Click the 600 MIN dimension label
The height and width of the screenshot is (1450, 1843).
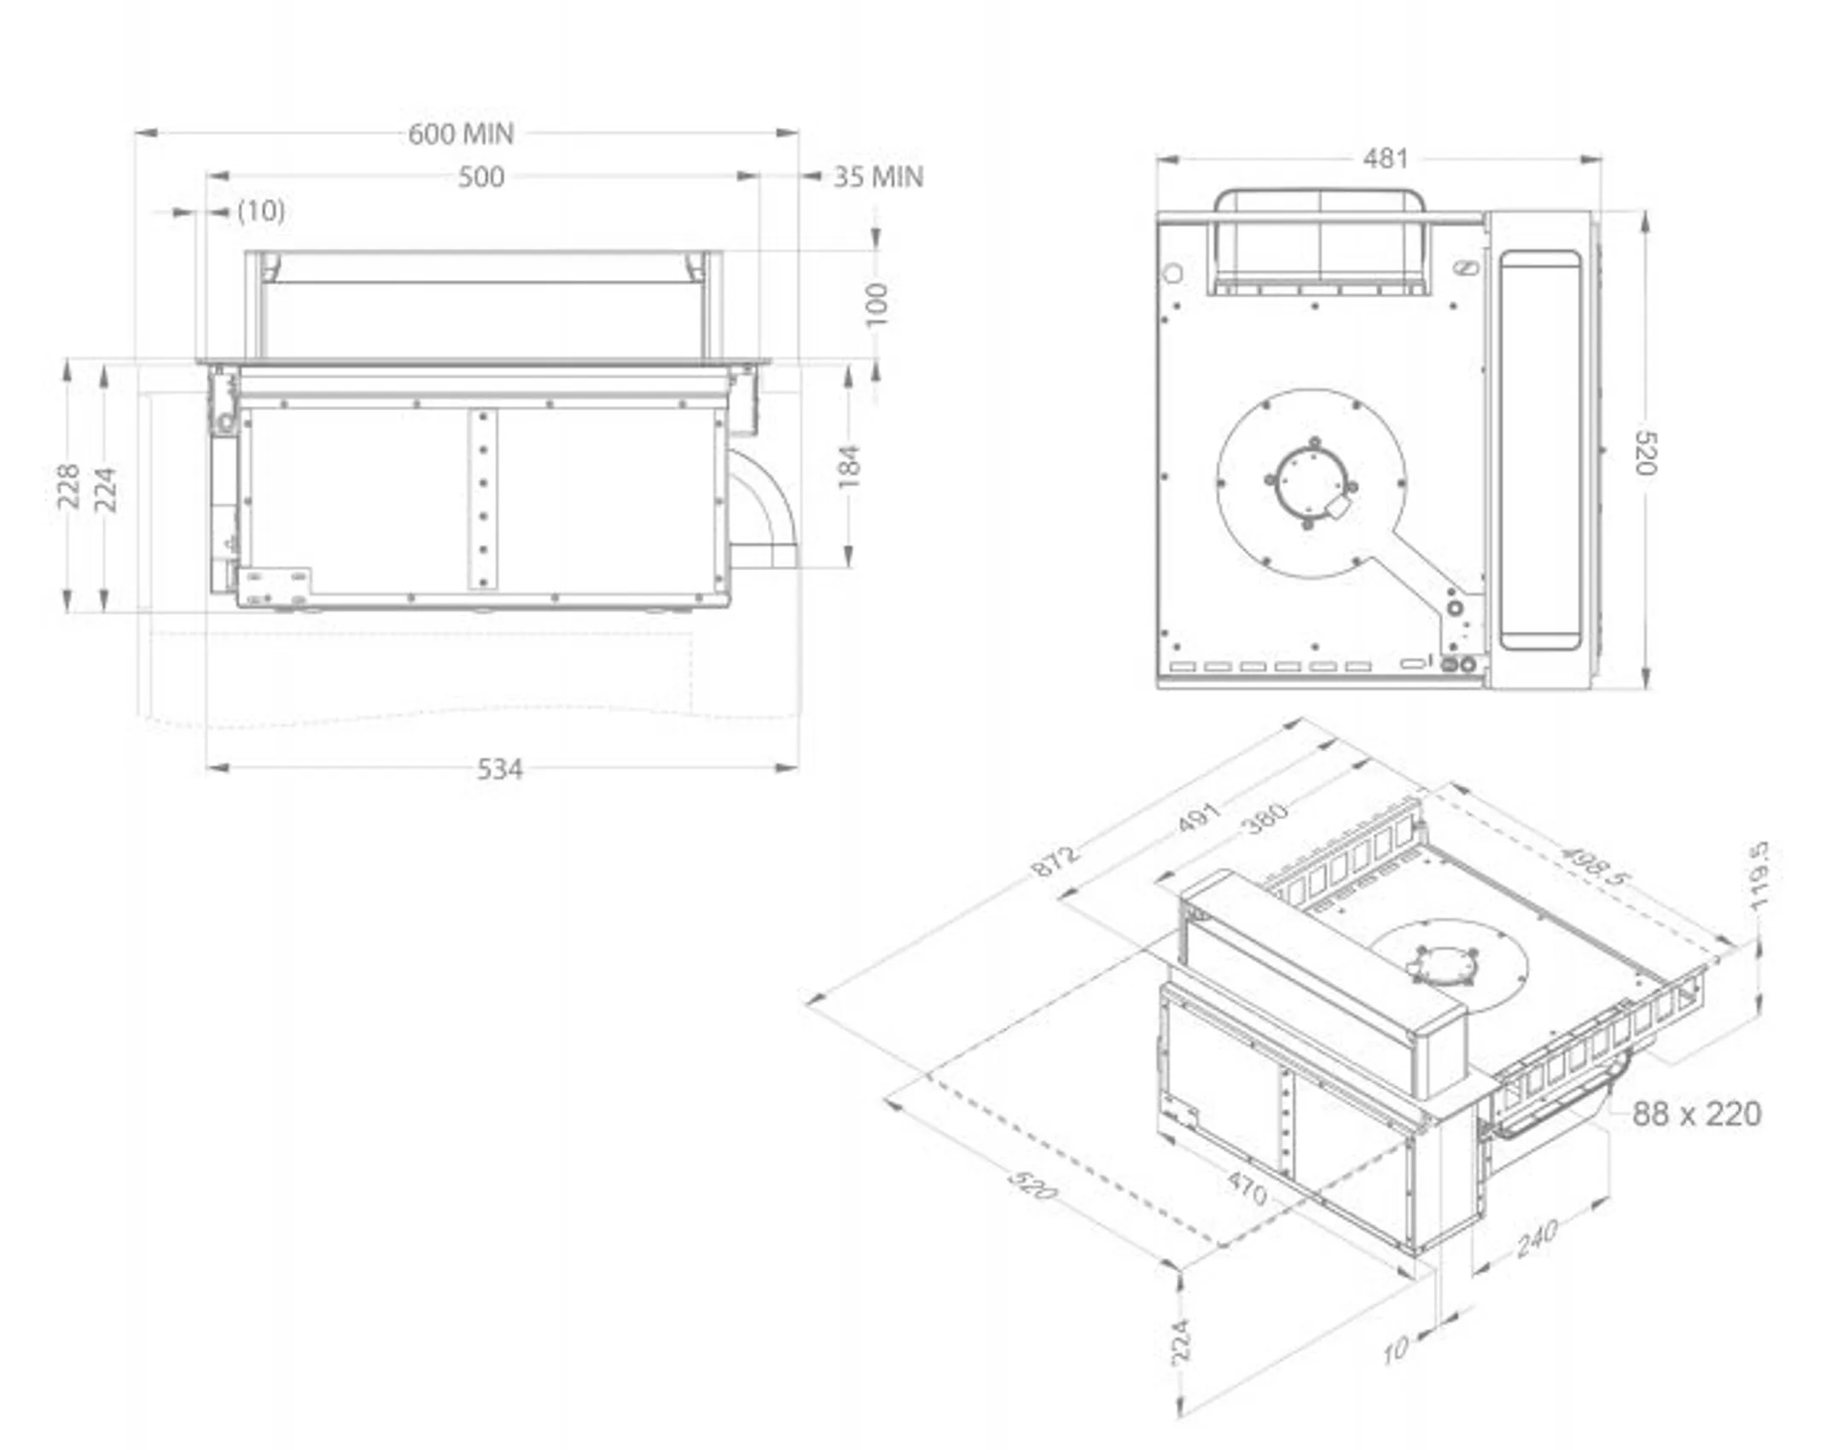[461, 134]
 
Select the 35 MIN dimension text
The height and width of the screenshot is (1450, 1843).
[878, 177]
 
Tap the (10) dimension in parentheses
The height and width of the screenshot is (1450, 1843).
[261, 211]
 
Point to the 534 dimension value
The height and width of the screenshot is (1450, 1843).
[499, 770]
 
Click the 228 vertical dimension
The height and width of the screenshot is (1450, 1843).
[68, 486]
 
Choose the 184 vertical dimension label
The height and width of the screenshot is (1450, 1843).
[849, 467]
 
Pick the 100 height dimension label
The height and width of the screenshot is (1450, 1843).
[876, 304]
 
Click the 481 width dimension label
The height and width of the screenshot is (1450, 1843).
[1385, 158]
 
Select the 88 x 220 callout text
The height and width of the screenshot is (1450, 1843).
[1696, 1114]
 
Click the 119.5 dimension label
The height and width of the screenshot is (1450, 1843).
[1759, 876]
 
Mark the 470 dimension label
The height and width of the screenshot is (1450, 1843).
[1247, 1187]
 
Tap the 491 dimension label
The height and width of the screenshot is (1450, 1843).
[1201, 818]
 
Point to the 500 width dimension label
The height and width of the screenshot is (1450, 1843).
[481, 177]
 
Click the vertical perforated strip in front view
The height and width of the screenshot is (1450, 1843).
[482, 499]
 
